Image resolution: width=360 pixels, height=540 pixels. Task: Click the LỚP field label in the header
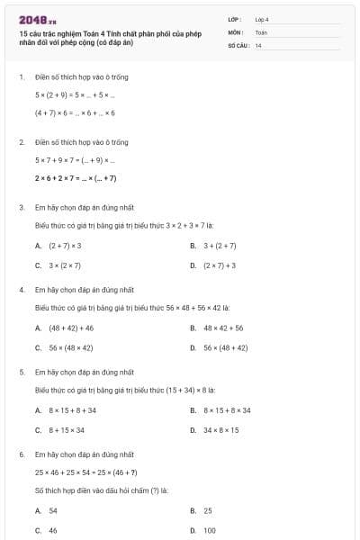[235, 19]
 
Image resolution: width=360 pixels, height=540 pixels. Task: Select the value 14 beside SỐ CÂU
[258, 44]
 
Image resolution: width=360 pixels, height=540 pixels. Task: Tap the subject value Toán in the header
[261, 31]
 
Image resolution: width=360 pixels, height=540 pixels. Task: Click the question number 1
[21, 77]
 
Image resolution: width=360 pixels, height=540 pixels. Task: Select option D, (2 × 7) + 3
[219, 265]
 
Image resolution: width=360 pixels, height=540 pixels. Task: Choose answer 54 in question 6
[53, 510]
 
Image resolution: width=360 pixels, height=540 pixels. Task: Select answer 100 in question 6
[210, 530]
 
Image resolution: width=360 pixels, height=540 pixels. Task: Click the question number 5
[21, 371]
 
